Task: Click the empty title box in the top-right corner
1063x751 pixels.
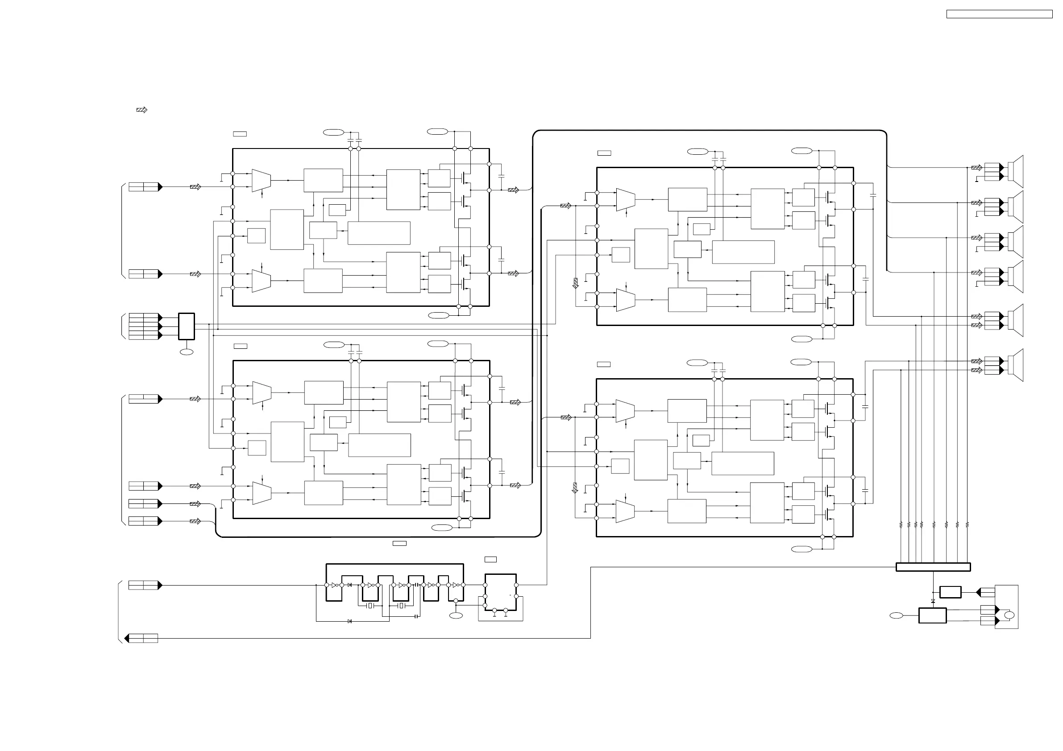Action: (999, 14)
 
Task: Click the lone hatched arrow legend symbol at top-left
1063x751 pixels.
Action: (141, 110)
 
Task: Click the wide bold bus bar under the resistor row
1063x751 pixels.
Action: (933, 567)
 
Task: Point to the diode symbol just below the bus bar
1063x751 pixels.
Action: (933, 601)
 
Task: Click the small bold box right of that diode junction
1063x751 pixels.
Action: (950, 592)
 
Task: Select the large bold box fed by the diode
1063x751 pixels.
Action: (932, 615)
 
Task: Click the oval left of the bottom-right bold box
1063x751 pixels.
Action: (897, 615)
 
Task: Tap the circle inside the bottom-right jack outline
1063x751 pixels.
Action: (1009, 615)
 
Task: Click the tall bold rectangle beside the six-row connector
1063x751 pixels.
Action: (186, 326)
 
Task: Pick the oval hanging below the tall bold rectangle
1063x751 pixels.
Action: (186, 352)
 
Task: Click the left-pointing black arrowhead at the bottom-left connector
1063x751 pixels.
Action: (127, 639)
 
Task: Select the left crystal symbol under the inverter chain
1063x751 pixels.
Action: (370, 606)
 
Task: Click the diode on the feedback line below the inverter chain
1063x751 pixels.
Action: (349, 621)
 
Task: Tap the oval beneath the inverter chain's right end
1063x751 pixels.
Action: (456, 615)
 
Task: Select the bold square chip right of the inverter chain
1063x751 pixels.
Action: (500, 592)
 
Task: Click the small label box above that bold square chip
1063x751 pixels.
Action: (490, 559)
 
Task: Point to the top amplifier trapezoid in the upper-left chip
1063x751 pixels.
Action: (261, 181)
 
